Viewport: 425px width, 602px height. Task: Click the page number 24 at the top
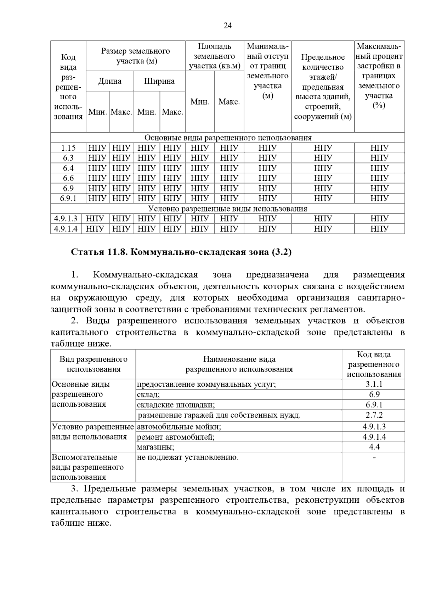[228, 26]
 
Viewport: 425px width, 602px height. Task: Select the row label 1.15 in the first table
[68, 148]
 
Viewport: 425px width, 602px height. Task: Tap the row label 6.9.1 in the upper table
[68, 199]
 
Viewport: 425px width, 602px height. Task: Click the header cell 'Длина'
[110, 81]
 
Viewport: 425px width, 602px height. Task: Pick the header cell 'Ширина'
[159, 81]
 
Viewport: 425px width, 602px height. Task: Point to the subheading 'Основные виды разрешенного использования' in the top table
[228, 138]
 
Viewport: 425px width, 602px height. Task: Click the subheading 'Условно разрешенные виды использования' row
[228, 209]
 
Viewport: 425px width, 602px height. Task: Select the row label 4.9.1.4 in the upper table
[66, 229]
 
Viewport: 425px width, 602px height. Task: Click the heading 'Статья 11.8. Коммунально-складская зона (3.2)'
[181, 252]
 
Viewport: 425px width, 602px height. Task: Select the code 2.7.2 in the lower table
[374, 415]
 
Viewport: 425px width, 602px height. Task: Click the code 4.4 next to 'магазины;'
[374, 447]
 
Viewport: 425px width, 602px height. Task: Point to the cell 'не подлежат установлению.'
[188, 457]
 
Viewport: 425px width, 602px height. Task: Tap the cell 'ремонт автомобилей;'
[176, 437]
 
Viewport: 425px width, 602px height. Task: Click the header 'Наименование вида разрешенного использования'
[239, 364]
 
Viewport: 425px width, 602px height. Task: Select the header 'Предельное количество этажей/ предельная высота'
[323, 87]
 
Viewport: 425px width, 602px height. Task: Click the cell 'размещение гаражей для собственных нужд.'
[219, 415]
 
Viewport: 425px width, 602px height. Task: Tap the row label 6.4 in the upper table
[68, 168]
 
